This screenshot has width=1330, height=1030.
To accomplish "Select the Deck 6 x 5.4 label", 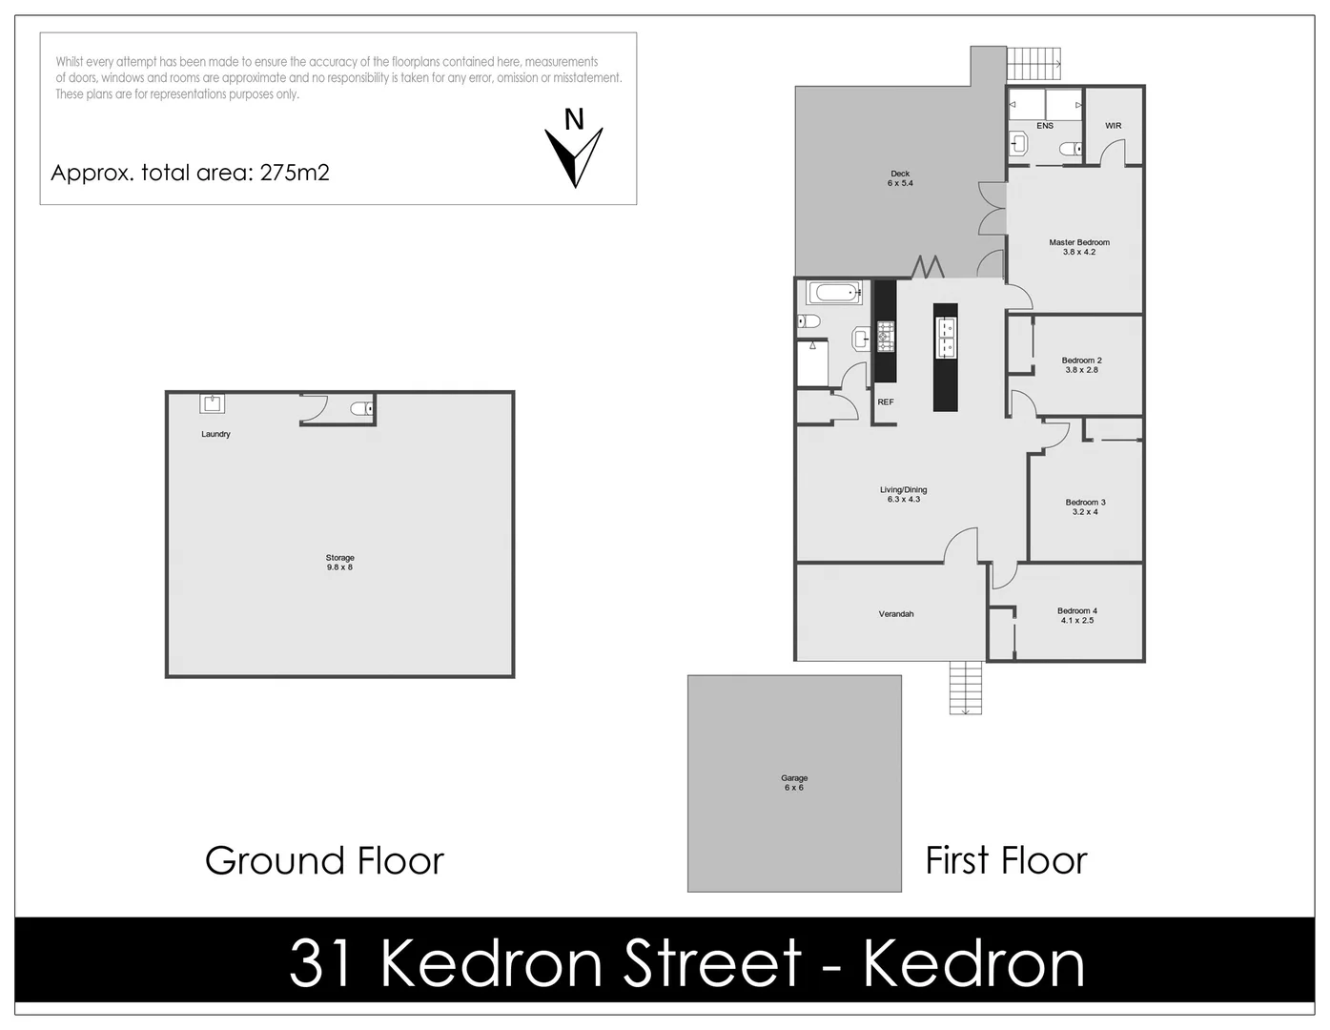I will point(900,178).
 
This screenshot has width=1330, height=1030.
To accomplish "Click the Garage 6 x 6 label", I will point(794,783).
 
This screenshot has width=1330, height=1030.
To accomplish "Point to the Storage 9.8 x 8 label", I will point(340,563).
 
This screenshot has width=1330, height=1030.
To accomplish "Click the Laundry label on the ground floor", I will point(215,434).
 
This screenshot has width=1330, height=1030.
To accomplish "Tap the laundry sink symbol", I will point(212,403).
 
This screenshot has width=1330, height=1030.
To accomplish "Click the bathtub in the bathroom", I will point(835,292).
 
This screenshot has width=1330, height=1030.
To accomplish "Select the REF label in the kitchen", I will point(886,402).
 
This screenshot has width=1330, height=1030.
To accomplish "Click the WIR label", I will point(1113,126).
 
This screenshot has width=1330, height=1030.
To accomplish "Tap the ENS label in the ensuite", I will point(1045,126).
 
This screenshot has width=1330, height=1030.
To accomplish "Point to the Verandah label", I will point(896,614).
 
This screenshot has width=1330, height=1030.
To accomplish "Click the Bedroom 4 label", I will point(1077,615).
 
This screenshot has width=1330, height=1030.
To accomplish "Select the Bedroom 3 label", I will point(1085,506).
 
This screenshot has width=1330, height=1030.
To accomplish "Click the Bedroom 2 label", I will point(1081,365).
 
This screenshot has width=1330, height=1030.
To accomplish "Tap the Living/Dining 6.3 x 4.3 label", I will point(903,494).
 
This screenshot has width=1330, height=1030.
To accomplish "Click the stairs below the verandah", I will point(966,688).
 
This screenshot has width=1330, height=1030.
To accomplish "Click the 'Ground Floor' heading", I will point(324,861).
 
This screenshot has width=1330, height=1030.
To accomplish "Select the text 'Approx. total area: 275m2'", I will point(190,173).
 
